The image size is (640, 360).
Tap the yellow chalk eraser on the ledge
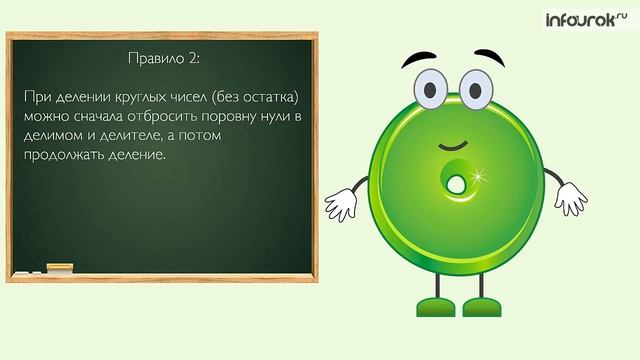(x=60, y=268)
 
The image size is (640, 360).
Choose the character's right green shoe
(x=487, y=305)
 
